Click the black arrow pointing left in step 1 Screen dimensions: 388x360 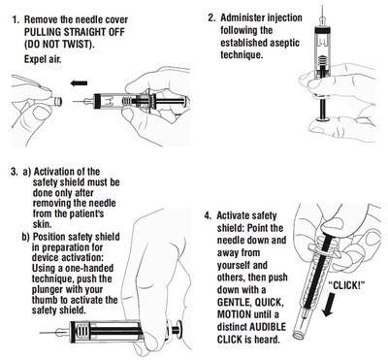pyautogui.click(x=79, y=83)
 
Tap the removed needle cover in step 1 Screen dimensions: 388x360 pyautogui.click(x=56, y=102)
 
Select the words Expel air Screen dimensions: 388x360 pyautogui.click(x=43, y=59)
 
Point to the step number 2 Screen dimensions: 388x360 pyautogui.click(x=211, y=17)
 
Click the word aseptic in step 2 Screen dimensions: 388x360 pyautogui.click(x=283, y=43)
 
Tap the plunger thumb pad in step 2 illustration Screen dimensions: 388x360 pyautogui.click(x=322, y=120)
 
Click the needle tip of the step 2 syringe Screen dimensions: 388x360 pyautogui.click(x=322, y=6)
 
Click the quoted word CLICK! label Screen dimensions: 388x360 pyautogui.click(x=346, y=285)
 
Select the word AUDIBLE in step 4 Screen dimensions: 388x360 pyautogui.click(x=268, y=327)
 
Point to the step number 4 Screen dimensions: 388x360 pyautogui.click(x=208, y=215)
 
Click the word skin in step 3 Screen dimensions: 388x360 pyautogui.click(x=42, y=224)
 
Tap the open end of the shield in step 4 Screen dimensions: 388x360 pyautogui.click(x=298, y=334)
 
